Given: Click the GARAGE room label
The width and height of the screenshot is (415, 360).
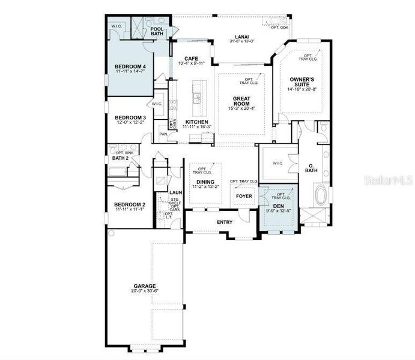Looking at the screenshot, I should pyautogui.click(x=145, y=286).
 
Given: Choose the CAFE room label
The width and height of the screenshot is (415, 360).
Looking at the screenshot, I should pyautogui.click(x=191, y=58).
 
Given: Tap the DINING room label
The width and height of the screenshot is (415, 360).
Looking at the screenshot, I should pyautogui.click(x=205, y=181).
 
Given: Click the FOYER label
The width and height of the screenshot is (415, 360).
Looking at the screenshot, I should pyautogui.click(x=243, y=196).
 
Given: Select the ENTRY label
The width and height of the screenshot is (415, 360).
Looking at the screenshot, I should pyautogui.click(x=225, y=222).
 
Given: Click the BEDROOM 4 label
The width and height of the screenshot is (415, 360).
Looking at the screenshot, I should pyautogui.click(x=130, y=65).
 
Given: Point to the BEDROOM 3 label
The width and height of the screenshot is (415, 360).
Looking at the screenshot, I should pyautogui.click(x=130, y=117).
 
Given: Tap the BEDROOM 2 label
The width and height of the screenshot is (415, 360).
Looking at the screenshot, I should pyautogui.click(x=130, y=204).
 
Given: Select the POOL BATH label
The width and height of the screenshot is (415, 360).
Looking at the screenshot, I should pyautogui.click(x=157, y=31).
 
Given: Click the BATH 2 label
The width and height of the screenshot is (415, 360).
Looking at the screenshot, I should pyautogui.click(x=122, y=158).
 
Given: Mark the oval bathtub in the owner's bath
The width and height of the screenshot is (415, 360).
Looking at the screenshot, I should pyautogui.click(x=323, y=195).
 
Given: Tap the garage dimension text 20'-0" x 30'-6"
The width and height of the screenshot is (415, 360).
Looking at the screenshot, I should pyautogui.click(x=145, y=291).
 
